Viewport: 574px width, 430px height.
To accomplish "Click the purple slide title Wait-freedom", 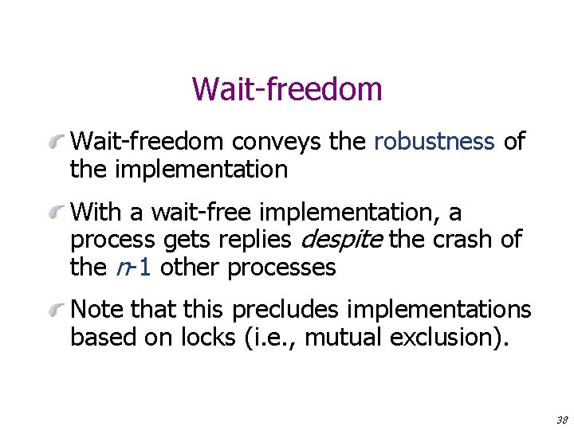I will [287, 89].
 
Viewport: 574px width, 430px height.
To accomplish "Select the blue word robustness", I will [434, 142].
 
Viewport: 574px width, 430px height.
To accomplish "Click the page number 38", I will [561, 419].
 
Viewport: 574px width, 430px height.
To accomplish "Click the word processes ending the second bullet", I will [281, 268].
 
